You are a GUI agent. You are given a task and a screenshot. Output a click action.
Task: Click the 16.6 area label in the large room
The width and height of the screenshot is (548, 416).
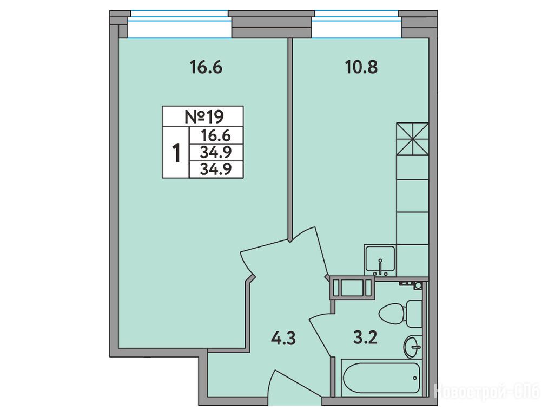tap(206, 67)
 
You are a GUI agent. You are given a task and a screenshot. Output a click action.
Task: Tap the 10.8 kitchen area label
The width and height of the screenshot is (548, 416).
tap(361, 67)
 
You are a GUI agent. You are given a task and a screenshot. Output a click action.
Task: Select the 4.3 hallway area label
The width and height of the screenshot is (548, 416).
tap(283, 339)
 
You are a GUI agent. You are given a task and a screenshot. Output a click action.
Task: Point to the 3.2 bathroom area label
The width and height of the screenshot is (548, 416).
tap(365, 338)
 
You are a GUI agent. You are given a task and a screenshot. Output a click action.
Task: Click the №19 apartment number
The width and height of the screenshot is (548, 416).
tap(204, 117)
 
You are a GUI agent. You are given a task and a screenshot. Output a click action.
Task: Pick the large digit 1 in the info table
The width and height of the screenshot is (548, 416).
tap(176, 153)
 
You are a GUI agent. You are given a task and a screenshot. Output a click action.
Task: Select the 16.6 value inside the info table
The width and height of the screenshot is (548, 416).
tap(216, 135)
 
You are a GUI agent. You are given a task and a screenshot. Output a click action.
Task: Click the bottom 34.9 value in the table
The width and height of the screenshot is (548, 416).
tap(216, 170)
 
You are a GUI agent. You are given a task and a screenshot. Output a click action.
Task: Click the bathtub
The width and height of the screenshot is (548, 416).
tap(381, 378)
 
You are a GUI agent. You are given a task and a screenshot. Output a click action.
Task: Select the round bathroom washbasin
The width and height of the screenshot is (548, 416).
tap(413, 346)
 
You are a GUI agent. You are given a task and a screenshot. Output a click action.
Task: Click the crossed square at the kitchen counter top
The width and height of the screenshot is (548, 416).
tap(412, 139)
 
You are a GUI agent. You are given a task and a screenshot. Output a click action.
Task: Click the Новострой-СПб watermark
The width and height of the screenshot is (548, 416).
tap(487, 391)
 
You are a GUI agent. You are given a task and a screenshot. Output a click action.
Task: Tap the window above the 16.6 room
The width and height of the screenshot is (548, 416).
tap(179, 24)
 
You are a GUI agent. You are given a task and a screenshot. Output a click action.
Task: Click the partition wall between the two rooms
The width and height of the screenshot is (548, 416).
tap(290, 139)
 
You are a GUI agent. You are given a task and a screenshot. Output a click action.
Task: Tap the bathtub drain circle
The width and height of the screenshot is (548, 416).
tap(415, 378)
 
